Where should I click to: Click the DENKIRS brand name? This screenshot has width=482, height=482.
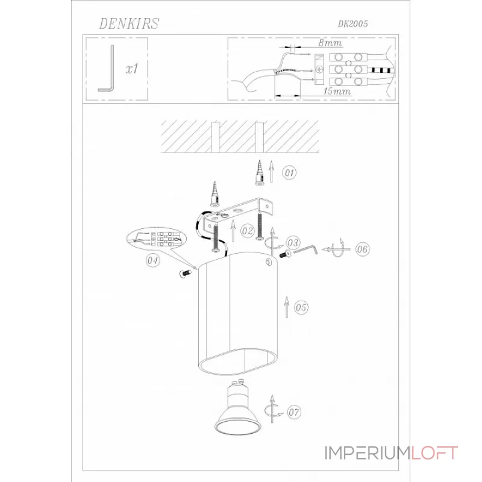coord(129,23)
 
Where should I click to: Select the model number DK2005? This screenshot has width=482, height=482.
coord(353,24)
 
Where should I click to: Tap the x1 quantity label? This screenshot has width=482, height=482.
coord(132,69)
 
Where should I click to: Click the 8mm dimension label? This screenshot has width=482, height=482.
coord(330,42)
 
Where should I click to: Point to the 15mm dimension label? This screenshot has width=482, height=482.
coord(337,92)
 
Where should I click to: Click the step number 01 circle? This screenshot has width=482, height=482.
coord(289,172)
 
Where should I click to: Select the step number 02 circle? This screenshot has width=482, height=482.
coord(248,231)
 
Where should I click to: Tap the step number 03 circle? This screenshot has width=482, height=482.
coord(293,243)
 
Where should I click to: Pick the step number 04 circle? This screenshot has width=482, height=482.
coord(153,260)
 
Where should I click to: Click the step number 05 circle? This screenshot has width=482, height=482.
coord(301,307)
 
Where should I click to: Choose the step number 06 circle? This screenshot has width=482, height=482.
coord(363,249)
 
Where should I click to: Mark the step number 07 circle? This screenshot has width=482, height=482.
coord(294,412)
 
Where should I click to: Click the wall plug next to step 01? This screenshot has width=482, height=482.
coord(260,173)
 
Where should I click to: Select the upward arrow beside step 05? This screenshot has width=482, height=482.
coord(287,307)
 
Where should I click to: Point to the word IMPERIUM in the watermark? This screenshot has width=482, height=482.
coord(368,453)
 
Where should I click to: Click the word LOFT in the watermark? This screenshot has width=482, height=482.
coord(434,453)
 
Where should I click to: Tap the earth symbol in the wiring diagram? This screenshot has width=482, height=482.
coord(319,69)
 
